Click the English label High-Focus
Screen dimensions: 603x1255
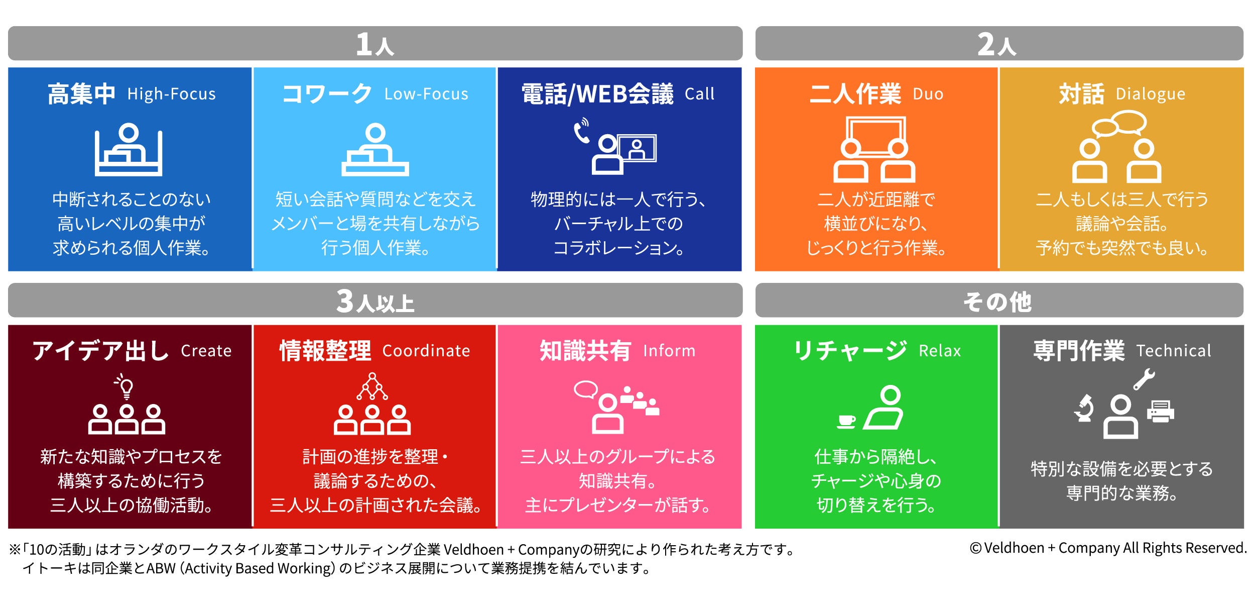tap(171, 94)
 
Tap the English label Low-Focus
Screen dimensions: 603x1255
tap(426, 94)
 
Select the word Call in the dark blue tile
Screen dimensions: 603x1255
tap(699, 94)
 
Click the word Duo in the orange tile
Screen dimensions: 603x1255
tap(928, 94)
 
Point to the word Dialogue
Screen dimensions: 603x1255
tap(1150, 94)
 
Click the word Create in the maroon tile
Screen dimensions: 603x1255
tap(206, 351)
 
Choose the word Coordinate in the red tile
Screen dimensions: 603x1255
tap(426, 351)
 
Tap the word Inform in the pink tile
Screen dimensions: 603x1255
tap(669, 351)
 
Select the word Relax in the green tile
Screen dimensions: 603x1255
tap(940, 351)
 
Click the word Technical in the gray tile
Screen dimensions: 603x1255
tap(1174, 351)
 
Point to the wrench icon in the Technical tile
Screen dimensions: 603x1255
tap(1144, 380)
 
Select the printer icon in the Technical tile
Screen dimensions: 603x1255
tap(1160, 411)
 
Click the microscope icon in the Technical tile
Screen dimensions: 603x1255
tap(1084, 408)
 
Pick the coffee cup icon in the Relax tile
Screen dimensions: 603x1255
tap(846, 421)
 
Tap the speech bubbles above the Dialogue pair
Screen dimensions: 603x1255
tap(1119, 124)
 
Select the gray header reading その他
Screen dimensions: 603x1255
tap(999, 300)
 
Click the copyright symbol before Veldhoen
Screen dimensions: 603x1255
tap(975, 548)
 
